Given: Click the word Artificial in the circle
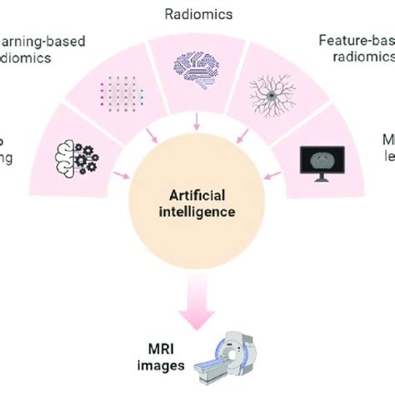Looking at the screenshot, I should point(198,195).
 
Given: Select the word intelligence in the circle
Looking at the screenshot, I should point(198,212).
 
